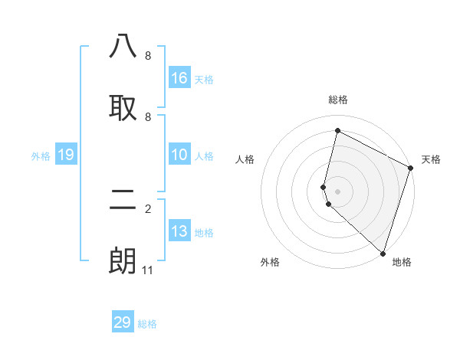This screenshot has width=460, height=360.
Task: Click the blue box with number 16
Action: click(x=179, y=78)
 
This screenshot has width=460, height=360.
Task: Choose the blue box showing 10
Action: click(x=179, y=155)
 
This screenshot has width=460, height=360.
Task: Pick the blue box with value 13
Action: click(x=179, y=231)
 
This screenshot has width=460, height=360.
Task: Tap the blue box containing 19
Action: click(x=65, y=155)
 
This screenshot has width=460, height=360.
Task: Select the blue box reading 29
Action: click(x=123, y=322)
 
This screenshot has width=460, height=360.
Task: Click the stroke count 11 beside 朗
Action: click(x=148, y=270)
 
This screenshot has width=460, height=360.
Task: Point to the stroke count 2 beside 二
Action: click(x=148, y=209)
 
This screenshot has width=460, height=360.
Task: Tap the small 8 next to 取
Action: click(x=148, y=117)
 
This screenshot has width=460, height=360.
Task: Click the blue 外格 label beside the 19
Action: click(x=41, y=156)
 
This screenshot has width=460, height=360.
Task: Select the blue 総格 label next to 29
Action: click(x=147, y=324)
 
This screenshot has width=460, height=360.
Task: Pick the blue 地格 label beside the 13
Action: click(x=204, y=233)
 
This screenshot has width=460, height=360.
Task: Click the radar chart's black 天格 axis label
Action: click(x=431, y=159)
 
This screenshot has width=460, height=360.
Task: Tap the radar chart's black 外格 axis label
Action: click(x=270, y=262)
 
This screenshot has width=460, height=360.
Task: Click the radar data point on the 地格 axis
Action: click(x=383, y=253)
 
